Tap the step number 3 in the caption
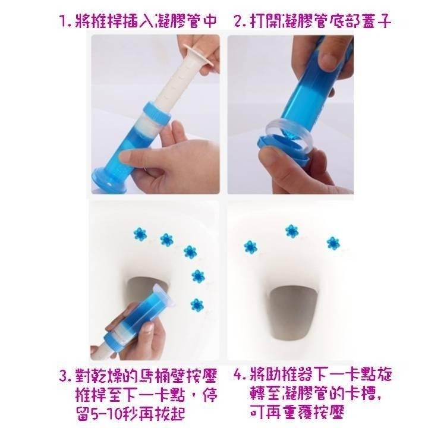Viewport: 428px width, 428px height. click(x=64, y=377)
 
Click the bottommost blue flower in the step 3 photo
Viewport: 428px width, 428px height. click(x=197, y=304)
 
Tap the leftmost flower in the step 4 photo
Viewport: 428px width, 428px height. click(x=251, y=246)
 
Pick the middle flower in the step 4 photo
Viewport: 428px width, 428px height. click(x=291, y=231)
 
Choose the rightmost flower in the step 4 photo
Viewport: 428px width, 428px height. click(x=332, y=242)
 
